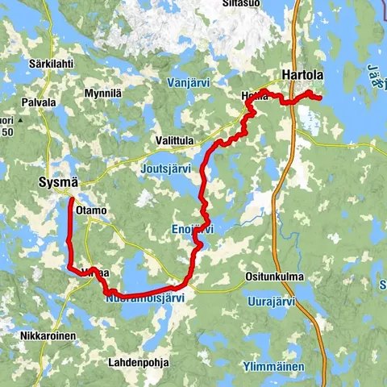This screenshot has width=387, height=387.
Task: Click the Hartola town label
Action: pyautogui.click(x=302, y=76)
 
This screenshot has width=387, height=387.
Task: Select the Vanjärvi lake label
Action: pyautogui.click(x=189, y=82)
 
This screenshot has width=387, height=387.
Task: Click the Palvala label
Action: pyautogui.click(x=38, y=102)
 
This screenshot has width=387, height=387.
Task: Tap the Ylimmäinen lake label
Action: pyautogui.click(x=276, y=368)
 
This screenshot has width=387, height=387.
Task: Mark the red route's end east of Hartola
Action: pyautogui.click(x=320, y=98)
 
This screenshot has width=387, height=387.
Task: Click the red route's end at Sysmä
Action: pyautogui.click(x=71, y=198)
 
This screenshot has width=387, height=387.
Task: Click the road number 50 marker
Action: pyautogui.click(x=6, y=131)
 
